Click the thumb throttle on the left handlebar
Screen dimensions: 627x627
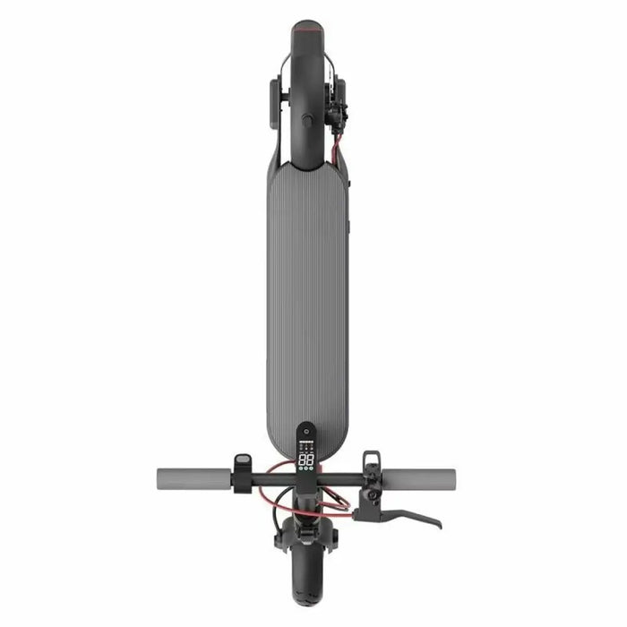(243, 464)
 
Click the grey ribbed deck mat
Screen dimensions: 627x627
(306, 296)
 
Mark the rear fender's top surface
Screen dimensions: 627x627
(306, 81)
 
